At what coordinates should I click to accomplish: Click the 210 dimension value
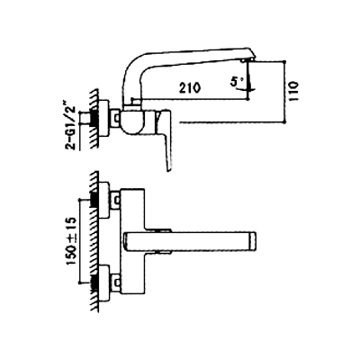pyautogui.click(x=190, y=88)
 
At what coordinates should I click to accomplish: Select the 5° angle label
pyautogui.click(x=235, y=82)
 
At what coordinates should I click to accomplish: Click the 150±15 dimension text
pyautogui.click(x=72, y=241)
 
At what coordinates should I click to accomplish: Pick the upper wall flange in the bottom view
pyautogui.click(x=103, y=200)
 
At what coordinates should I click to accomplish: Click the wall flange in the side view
pyautogui.click(x=103, y=118)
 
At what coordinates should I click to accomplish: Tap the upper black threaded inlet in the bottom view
pyautogui.click(x=94, y=200)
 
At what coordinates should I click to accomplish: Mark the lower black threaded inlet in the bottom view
pyautogui.click(x=94, y=282)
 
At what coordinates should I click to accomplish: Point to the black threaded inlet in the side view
pyautogui.click(x=94, y=118)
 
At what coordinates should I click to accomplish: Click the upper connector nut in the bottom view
pyautogui.click(x=114, y=200)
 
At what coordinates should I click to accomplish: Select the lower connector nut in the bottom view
pyautogui.click(x=114, y=282)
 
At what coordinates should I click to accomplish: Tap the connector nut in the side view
pyautogui.click(x=114, y=118)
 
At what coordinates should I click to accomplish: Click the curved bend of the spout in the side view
pyautogui.click(x=131, y=64)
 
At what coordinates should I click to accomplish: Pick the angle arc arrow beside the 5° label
pyautogui.click(x=248, y=88)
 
